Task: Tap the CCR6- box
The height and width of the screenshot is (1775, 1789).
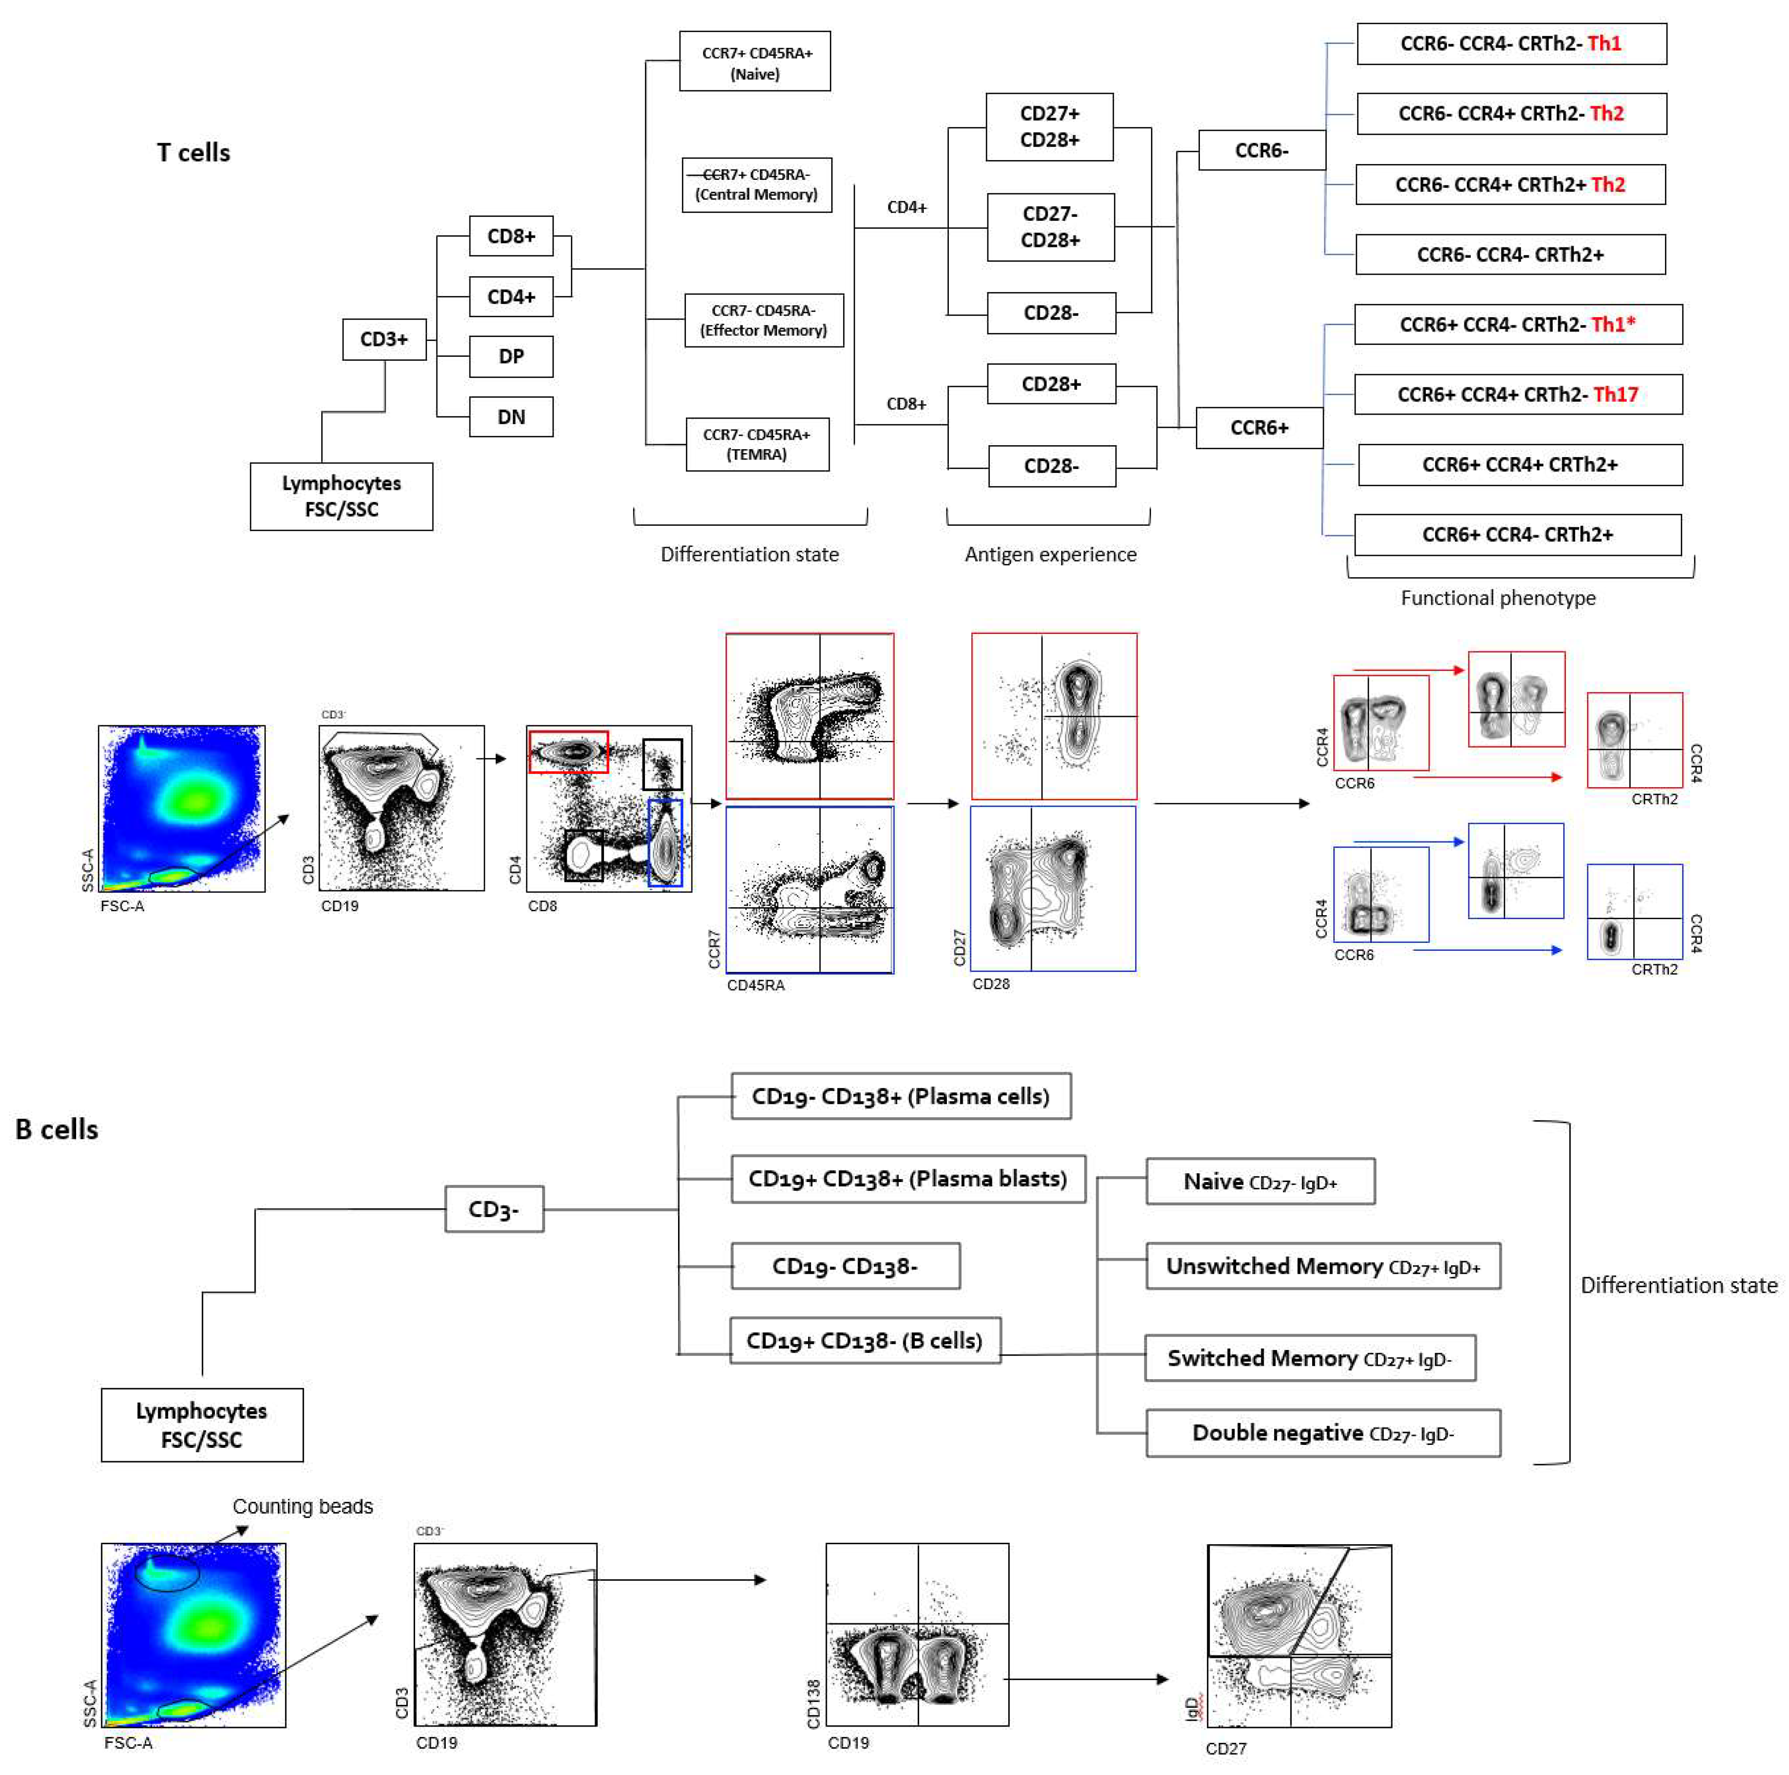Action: (x=1261, y=150)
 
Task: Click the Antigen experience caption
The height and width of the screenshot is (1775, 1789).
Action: (x=1050, y=554)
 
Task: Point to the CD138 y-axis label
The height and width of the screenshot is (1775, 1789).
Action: (x=813, y=1704)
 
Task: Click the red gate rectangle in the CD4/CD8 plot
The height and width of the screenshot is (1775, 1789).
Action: (x=568, y=751)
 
